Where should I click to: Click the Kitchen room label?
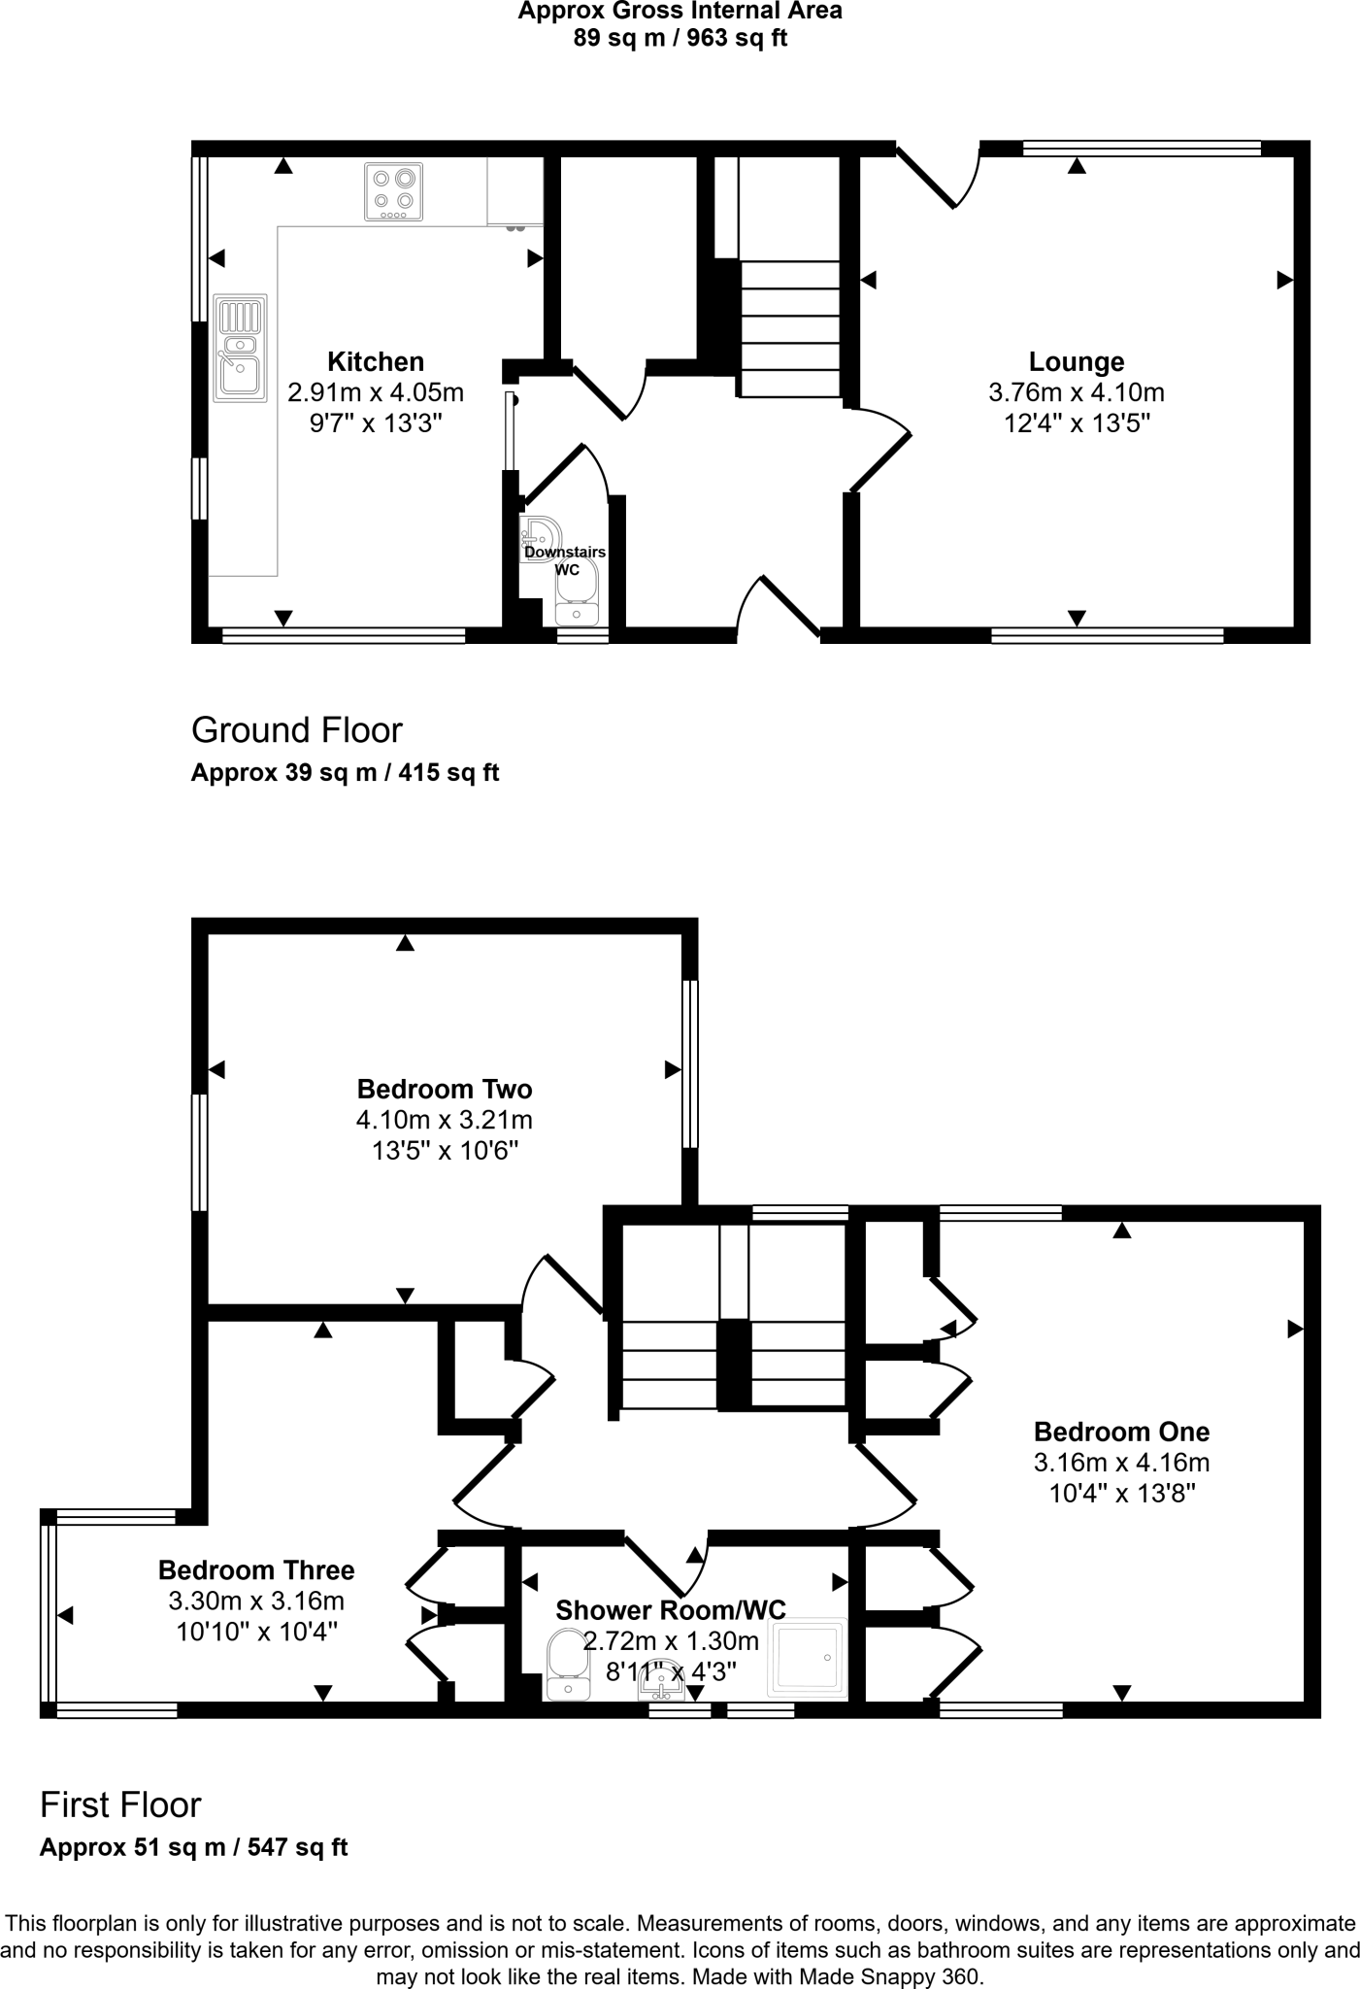376,361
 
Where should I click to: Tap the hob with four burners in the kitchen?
394,191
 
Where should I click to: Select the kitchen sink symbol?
240,348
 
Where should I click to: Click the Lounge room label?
1076,361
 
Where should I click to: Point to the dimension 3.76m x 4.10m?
1076,392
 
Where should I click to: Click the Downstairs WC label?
565,560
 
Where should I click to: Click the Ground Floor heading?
296,729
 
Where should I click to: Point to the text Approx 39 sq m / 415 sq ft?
345,773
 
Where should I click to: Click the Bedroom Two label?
444,1089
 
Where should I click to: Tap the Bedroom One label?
1121,1432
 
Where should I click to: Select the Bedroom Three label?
256,1570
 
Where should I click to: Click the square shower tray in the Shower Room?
808,1658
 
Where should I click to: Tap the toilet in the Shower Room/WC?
567,1665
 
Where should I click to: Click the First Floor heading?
120,1804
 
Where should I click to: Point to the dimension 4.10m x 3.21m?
444,1120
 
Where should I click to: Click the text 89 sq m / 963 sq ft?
680,39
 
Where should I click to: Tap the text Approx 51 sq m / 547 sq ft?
193,1847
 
